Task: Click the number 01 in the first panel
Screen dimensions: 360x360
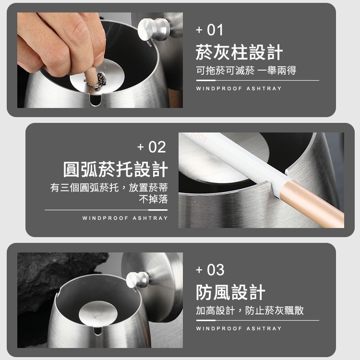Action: click(215, 30)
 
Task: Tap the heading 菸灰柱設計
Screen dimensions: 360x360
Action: click(239, 52)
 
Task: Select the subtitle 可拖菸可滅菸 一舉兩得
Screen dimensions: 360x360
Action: click(246, 71)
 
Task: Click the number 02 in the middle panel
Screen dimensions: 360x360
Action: click(157, 147)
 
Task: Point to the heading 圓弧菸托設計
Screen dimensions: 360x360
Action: click(116, 169)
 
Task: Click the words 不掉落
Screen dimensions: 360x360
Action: click(154, 199)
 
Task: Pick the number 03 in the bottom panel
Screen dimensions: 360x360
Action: click(216, 270)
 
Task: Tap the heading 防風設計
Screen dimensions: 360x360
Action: click(230, 292)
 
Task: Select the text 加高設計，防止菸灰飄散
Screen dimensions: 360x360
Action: click(250, 311)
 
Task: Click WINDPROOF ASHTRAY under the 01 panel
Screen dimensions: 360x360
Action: click(239, 88)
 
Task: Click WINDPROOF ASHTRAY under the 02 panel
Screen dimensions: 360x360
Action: click(125, 218)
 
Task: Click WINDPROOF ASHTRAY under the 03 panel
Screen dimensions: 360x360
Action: click(239, 328)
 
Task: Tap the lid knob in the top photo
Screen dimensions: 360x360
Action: click(154, 29)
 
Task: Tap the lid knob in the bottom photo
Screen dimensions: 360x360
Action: click(137, 279)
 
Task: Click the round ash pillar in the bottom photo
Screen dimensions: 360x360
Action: click(98, 313)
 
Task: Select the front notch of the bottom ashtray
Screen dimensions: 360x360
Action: click(98, 331)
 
